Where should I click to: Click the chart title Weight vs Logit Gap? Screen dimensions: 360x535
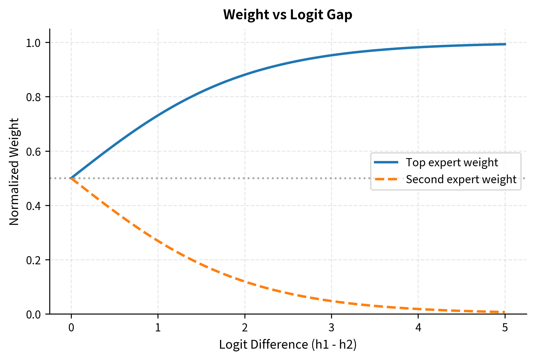[x=288, y=15]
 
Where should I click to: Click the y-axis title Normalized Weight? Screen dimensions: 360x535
[x=14, y=172]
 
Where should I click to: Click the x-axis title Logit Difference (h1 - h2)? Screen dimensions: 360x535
[x=288, y=345]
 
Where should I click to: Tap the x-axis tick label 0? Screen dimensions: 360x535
[x=71, y=328]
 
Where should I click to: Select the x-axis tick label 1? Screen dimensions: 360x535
[x=158, y=328]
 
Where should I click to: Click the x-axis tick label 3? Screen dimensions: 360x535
[x=331, y=328]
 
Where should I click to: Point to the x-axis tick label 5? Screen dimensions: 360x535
[x=505, y=328]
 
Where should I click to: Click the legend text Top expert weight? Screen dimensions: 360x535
[x=452, y=162]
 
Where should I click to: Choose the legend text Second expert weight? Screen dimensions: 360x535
[x=461, y=179]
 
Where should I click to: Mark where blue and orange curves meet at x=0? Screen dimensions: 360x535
[x=71, y=178]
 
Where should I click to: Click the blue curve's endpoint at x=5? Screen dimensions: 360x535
[x=505, y=44]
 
